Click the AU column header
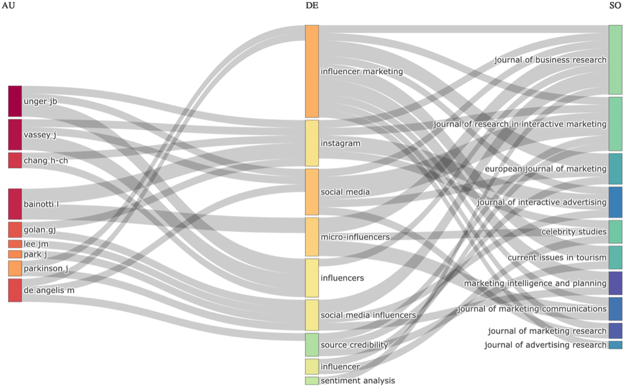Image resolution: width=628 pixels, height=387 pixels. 8,5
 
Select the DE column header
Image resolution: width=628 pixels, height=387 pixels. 312,5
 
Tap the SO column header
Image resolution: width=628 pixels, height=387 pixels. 615,5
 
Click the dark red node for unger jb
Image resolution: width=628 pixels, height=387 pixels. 15,101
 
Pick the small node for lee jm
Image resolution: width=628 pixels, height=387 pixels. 15,244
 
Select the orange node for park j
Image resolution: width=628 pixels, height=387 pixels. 15,254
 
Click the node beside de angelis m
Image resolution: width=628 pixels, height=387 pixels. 15,290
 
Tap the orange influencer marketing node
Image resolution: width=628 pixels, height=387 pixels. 312,71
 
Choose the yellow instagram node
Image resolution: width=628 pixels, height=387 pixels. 312,143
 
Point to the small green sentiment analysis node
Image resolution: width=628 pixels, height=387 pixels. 312,381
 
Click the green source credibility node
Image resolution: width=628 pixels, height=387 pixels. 312,345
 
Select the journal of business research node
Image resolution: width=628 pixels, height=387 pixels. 615,60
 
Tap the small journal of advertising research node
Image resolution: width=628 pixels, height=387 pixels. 615,345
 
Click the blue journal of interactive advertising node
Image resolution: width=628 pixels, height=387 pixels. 615,202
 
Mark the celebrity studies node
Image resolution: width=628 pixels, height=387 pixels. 615,232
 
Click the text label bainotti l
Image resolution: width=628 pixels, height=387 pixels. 41,204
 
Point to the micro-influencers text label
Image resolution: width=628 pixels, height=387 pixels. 355,237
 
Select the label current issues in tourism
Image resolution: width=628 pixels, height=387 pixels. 557,257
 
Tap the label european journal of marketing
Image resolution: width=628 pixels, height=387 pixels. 545,169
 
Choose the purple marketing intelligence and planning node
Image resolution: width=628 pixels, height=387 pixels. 615,283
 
